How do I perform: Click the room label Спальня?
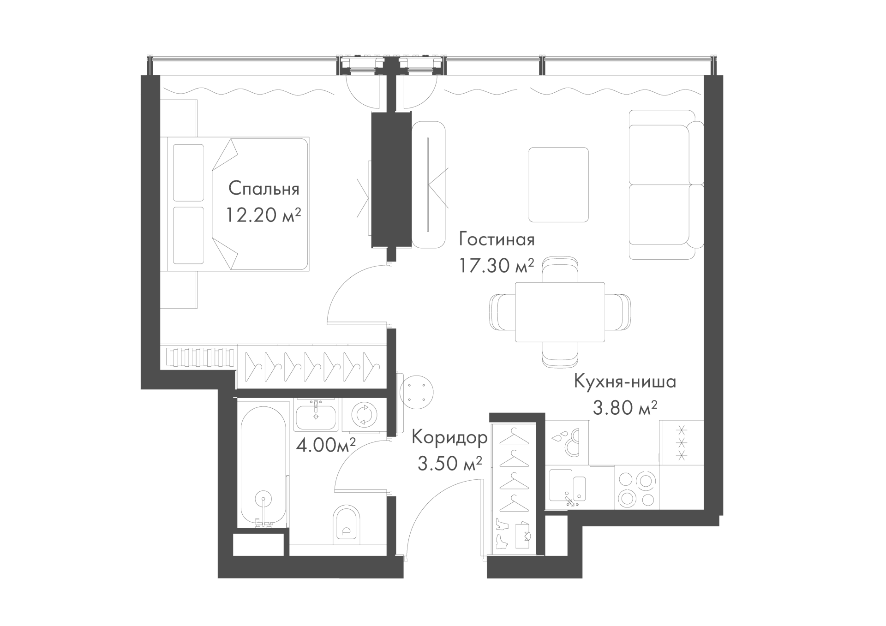point(264,188)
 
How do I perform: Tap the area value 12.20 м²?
point(263,215)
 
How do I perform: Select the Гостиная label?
point(497,239)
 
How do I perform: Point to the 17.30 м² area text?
point(497,265)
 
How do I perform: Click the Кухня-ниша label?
point(625,382)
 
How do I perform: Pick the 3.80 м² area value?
point(625,408)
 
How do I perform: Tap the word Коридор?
point(449,438)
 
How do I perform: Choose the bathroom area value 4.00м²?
point(326,445)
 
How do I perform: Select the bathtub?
point(262,466)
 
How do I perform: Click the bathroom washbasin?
point(317,416)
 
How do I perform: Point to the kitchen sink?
point(567,488)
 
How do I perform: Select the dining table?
point(560,312)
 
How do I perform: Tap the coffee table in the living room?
point(558,185)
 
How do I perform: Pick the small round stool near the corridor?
point(417,391)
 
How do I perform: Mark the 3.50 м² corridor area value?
point(450,464)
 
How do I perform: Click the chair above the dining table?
point(560,270)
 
